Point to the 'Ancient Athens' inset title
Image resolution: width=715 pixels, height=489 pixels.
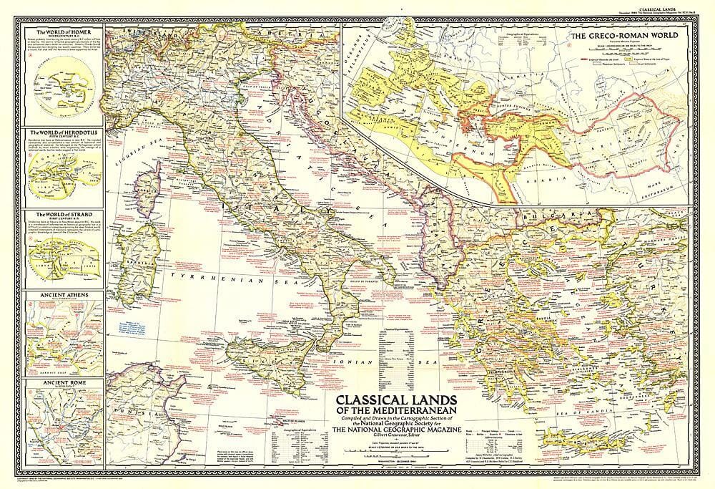(59, 294)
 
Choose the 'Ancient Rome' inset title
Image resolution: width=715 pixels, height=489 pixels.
(56, 382)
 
